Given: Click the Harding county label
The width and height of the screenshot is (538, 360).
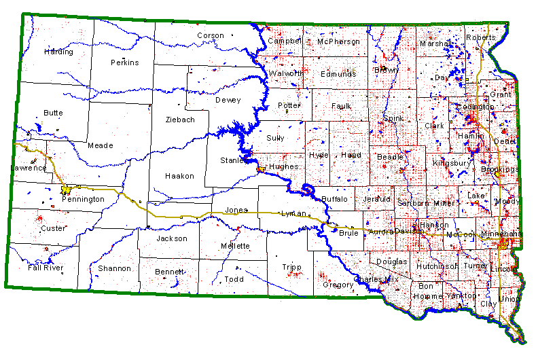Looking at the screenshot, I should coord(58,52).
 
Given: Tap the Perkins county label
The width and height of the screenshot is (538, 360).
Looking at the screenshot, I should coord(124,62).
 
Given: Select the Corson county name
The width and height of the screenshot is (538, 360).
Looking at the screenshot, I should coord(210,36).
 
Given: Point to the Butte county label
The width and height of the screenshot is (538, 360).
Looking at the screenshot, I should coord(53,113).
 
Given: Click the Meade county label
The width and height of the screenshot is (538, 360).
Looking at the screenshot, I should coord(101,145).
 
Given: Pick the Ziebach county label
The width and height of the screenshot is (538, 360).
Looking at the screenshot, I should coord(180,120).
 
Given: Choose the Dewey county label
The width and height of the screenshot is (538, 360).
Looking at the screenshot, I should coord(228,101).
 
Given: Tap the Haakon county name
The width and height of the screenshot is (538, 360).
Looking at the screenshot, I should coord(180,176).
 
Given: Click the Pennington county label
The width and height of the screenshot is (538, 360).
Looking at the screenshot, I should coord(83,199).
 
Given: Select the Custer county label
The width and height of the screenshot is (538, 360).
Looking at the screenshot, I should coord(53,228).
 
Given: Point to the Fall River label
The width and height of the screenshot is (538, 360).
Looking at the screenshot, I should coord(46,268).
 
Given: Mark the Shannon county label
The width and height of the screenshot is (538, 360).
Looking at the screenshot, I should coord(114,268).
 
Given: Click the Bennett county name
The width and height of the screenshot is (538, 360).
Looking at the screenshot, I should coord(169,272).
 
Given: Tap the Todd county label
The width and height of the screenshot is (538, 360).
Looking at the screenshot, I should coord(234,279).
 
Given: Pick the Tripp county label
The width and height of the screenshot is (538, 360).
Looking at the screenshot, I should coord(291,268).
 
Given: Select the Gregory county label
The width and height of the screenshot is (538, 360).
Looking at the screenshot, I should coord(338,284).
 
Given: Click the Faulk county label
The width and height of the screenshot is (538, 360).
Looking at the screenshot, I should coord(341,106).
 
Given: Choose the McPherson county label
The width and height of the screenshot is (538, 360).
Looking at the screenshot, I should coord(338,41).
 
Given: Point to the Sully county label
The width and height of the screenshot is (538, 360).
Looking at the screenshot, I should coord(275,138).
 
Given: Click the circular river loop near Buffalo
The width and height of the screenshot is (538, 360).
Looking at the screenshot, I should coord(308,190).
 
